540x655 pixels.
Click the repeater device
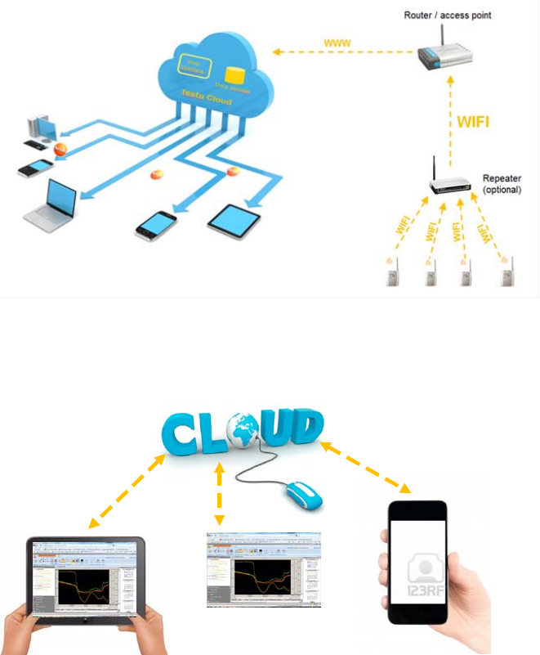pyautogui.click(x=450, y=186)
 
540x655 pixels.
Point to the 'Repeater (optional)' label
pyautogui.click(x=502, y=183)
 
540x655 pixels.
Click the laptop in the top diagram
pyautogui.click(x=51, y=204)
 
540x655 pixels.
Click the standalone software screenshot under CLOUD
pyautogui.click(x=263, y=569)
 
